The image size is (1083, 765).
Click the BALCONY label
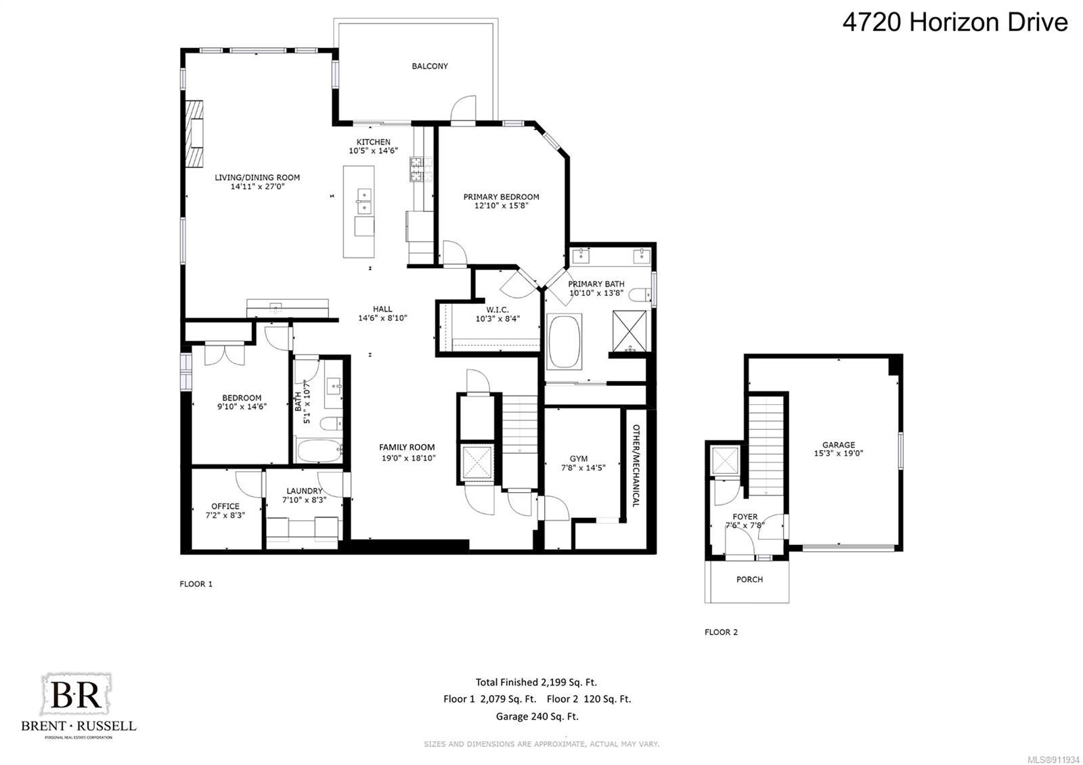(x=429, y=66)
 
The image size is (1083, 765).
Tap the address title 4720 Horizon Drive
(x=955, y=22)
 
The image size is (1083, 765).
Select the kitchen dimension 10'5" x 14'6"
(x=373, y=150)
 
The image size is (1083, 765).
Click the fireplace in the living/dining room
(x=194, y=133)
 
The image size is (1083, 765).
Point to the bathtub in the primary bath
(x=564, y=341)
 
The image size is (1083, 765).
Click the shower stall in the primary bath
(x=629, y=331)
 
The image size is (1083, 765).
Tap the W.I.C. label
(x=498, y=309)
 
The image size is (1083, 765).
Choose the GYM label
(x=579, y=458)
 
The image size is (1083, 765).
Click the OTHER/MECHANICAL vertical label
(x=636, y=465)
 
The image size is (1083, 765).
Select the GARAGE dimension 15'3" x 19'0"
(x=839, y=453)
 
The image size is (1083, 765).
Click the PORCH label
(x=749, y=579)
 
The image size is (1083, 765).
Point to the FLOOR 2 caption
(x=721, y=632)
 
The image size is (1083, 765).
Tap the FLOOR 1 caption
(x=196, y=584)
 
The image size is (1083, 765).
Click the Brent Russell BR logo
(x=78, y=705)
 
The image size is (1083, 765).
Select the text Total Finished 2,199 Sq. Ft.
(x=536, y=682)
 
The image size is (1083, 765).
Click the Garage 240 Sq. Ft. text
(x=537, y=716)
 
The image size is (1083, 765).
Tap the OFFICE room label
(x=225, y=506)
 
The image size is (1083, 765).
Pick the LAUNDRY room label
(x=304, y=491)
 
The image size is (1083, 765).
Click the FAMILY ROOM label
(x=407, y=447)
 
